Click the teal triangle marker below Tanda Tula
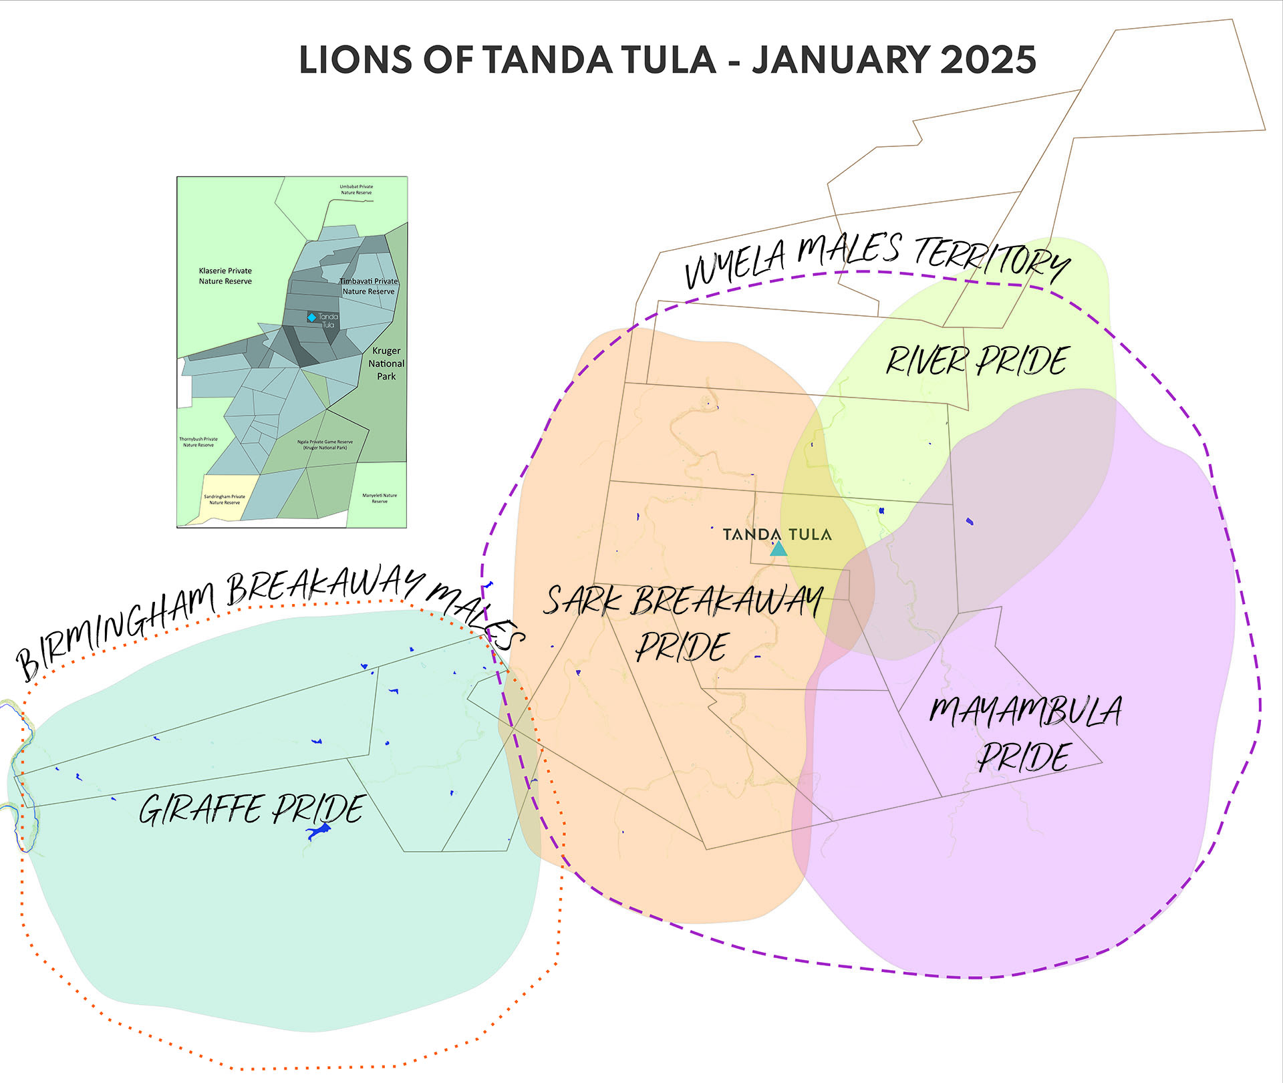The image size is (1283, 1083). (x=778, y=549)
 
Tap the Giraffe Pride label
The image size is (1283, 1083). (x=252, y=809)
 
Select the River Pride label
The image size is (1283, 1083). (x=977, y=361)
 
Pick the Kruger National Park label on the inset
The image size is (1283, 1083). (x=386, y=363)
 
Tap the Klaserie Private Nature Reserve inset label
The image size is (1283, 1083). (x=225, y=276)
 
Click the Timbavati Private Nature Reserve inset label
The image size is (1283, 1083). (x=369, y=286)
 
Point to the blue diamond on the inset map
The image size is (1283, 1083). (x=311, y=317)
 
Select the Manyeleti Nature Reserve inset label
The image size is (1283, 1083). (x=380, y=498)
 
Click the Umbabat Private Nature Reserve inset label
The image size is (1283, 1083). (x=356, y=190)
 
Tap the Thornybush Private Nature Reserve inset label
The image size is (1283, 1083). (x=198, y=442)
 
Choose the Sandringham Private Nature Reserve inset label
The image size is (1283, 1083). (x=225, y=499)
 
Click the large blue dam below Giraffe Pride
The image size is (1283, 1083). (x=318, y=831)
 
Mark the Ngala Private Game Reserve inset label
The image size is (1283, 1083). (x=325, y=444)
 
